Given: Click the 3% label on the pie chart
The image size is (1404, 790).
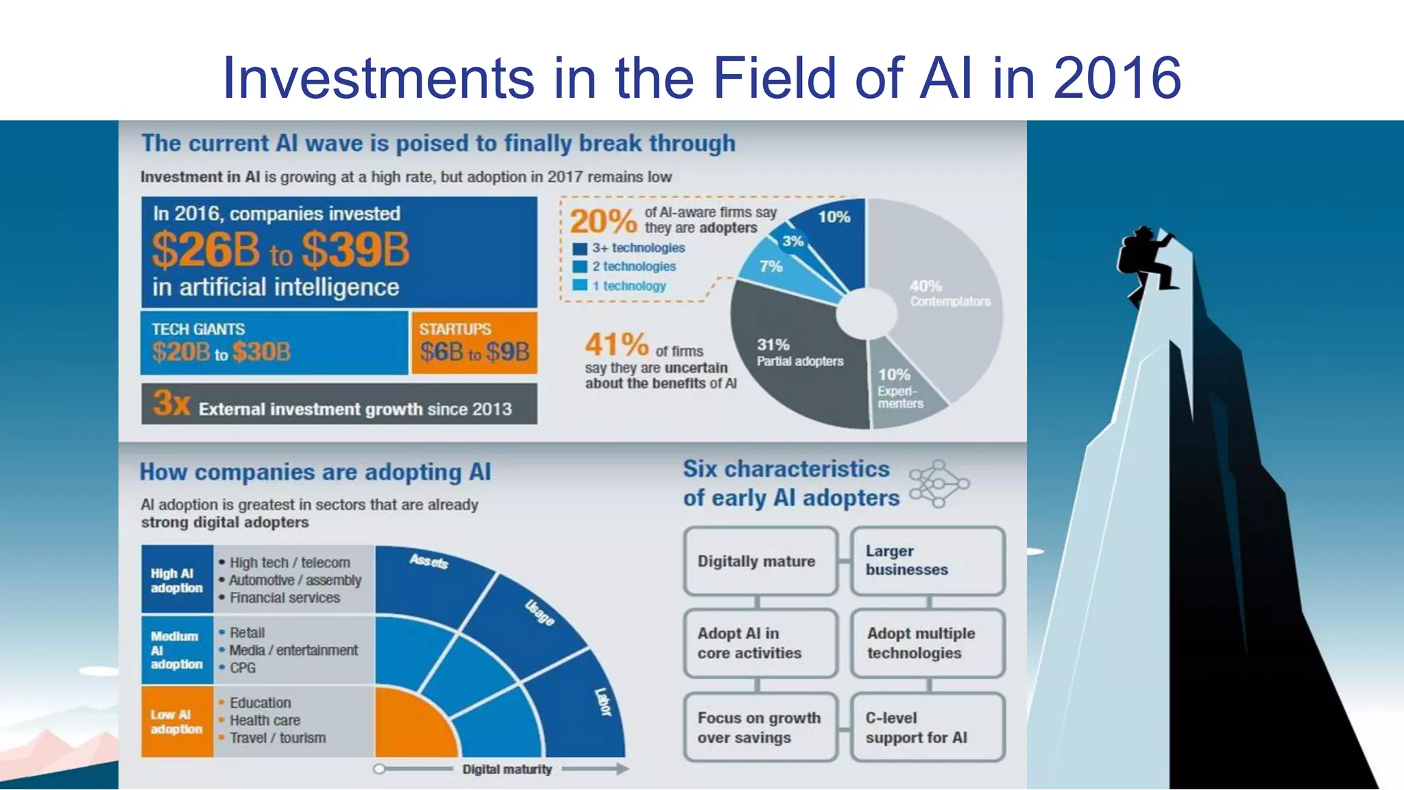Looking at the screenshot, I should pyautogui.click(x=792, y=241).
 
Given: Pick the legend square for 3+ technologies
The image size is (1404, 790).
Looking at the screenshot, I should pyautogui.click(x=580, y=248).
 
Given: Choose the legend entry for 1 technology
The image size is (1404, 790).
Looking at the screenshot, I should pyautogui.click(x=629, y=286).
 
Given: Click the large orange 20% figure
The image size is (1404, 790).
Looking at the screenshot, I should pyautogui.click(x=603, y=222).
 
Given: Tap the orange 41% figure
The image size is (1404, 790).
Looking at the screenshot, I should pyautogui.click(x=616, y=345).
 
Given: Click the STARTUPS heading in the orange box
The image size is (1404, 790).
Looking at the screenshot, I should pyautogui.click(x=455, y=329).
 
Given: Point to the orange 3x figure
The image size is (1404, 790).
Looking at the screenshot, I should pyautogui.click(x=171, y=403).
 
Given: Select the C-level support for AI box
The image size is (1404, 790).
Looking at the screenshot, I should pyautogui.click(x=927, y=727).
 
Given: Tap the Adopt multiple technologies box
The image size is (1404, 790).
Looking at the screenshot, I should pyautogui.click(x=927, y=643).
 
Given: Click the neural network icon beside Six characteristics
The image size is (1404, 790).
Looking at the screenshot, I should pyautogui.click(x=938, y=484).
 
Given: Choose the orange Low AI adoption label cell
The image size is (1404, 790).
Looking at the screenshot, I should pyautogui.click(x=177, y=721).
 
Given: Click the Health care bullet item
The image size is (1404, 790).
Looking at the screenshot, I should pyautogui.click(x=265, y=720).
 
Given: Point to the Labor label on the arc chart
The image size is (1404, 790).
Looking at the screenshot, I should pyautogui.click(x=603, y=702).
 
